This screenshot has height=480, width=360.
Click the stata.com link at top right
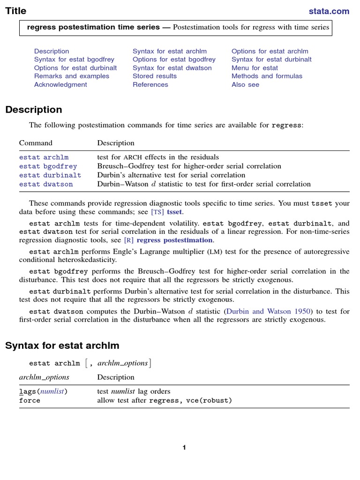pos(329,11)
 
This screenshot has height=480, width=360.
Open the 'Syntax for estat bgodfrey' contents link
pos(74,60)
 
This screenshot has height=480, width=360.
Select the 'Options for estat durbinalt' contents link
pos(75,68)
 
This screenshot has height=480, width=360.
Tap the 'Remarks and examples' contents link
pos(72,76)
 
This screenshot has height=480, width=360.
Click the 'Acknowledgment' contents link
pos(60,84)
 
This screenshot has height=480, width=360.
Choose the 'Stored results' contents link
pos(155,76)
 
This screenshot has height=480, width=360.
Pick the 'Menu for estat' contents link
pos(255,68)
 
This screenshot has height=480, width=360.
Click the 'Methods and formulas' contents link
pos(267,76)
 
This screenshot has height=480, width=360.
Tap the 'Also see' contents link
pos(245,84)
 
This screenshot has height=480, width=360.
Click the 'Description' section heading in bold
pos(34,110)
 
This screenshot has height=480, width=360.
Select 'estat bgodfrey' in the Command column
pos(48,166)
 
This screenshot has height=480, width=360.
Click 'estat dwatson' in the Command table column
pos(46,184)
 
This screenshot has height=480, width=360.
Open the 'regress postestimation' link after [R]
pos(174,240)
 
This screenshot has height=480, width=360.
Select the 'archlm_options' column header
pos(44,377)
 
